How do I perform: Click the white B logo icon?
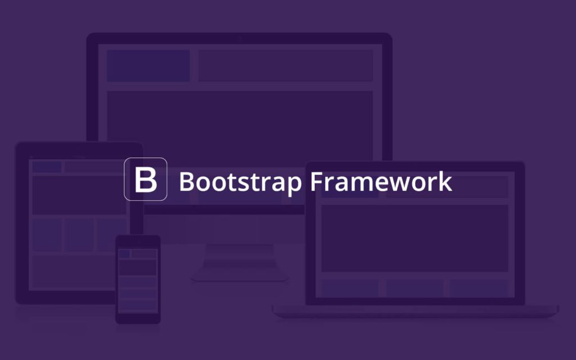point(146,179)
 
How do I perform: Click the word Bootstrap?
point(240,182)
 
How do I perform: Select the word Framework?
point(381,181)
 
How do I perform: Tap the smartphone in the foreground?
point(138,280)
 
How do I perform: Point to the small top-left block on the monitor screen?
point(148,66)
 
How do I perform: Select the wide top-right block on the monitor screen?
point(286,66)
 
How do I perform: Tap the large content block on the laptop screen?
point(415,238)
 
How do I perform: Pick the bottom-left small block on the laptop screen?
point(350,289)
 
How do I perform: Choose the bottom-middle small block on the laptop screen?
point(415,289)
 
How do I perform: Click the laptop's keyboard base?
point(416,311)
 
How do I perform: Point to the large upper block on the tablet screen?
point(79,195)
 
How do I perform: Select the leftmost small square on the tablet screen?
point(47,235)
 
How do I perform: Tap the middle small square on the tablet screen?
point(79,235)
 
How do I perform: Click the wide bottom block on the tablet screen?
point(74,272)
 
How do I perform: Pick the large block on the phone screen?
point(138,267)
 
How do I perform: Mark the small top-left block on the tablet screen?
point(47,166)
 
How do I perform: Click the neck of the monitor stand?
point(240,256)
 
